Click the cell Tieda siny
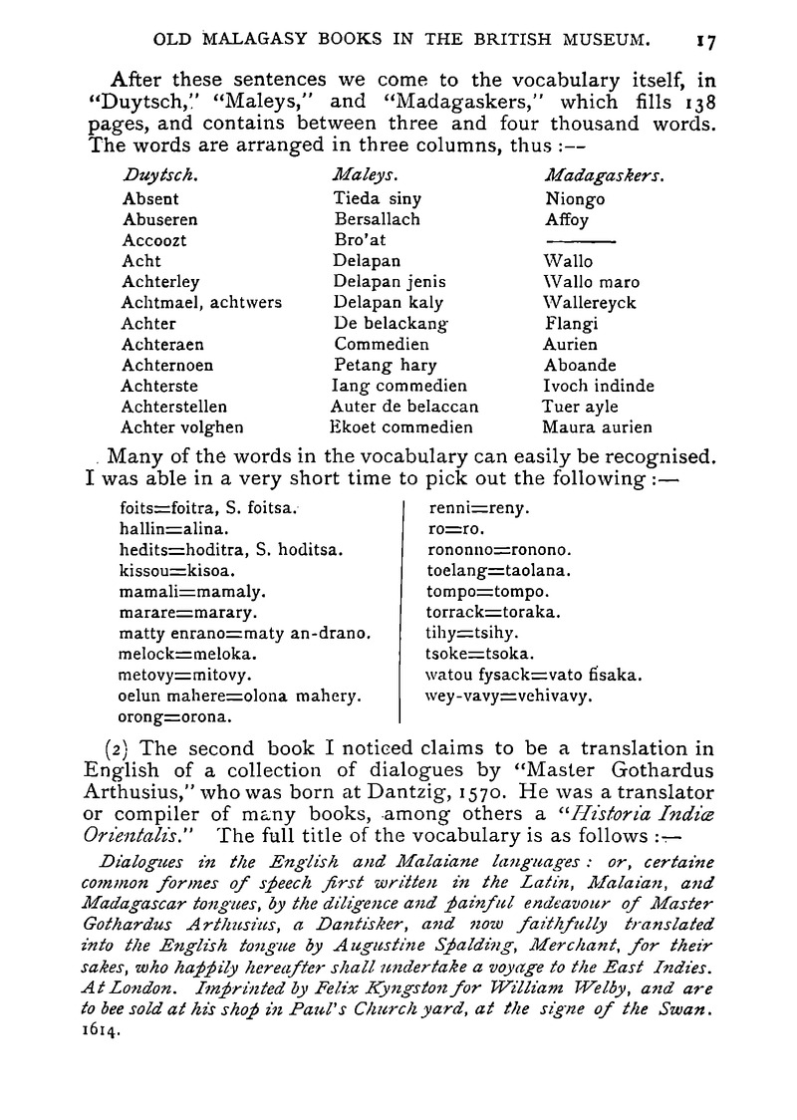(x=379, y=198)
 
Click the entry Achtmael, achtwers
(x=201, y=302)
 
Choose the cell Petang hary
(x=386, y=365)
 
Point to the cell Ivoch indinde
(x=598, y=386)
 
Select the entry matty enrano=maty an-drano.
(x=245, y=634)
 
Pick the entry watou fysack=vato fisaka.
(x=533, y=675)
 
